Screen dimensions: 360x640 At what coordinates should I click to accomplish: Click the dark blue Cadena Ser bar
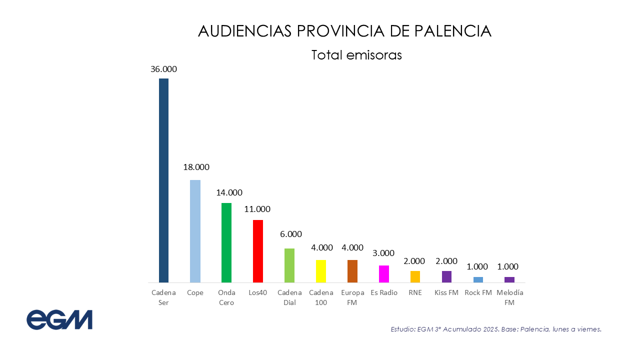(163, 180)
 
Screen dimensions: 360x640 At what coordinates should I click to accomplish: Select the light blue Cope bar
(195, 231)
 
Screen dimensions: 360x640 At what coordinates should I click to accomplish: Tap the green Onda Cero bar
(226, 242)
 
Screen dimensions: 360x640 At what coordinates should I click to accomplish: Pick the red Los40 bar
(258, 251)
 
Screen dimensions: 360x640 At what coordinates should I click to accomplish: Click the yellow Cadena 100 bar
(321, 271)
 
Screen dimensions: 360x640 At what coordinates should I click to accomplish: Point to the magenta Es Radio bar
(384, 274)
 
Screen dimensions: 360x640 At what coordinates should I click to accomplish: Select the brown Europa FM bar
(352, 271)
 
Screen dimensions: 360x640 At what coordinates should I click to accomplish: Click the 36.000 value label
(163, 69)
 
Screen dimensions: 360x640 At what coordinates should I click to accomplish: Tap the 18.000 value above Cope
(196, 167)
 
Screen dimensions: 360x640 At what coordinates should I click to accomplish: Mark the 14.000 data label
(229, 192)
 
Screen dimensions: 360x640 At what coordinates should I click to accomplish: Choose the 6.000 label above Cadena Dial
(291, 234)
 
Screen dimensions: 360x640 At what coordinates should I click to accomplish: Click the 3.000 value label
(383, 253)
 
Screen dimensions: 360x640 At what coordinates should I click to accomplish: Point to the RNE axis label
(415, 292)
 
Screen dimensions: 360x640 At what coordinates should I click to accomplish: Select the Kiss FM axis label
(446, 292)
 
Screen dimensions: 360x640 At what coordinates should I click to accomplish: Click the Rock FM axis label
(478, 292)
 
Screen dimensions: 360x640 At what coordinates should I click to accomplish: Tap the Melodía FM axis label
(509, 297)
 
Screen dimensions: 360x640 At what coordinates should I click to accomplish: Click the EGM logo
(59, 320)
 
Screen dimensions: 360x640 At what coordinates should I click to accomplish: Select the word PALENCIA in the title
(453, 31)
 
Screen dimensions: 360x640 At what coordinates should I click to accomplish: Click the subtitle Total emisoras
(356, 55)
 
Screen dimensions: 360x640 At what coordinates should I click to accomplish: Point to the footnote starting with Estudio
(495, 329)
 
